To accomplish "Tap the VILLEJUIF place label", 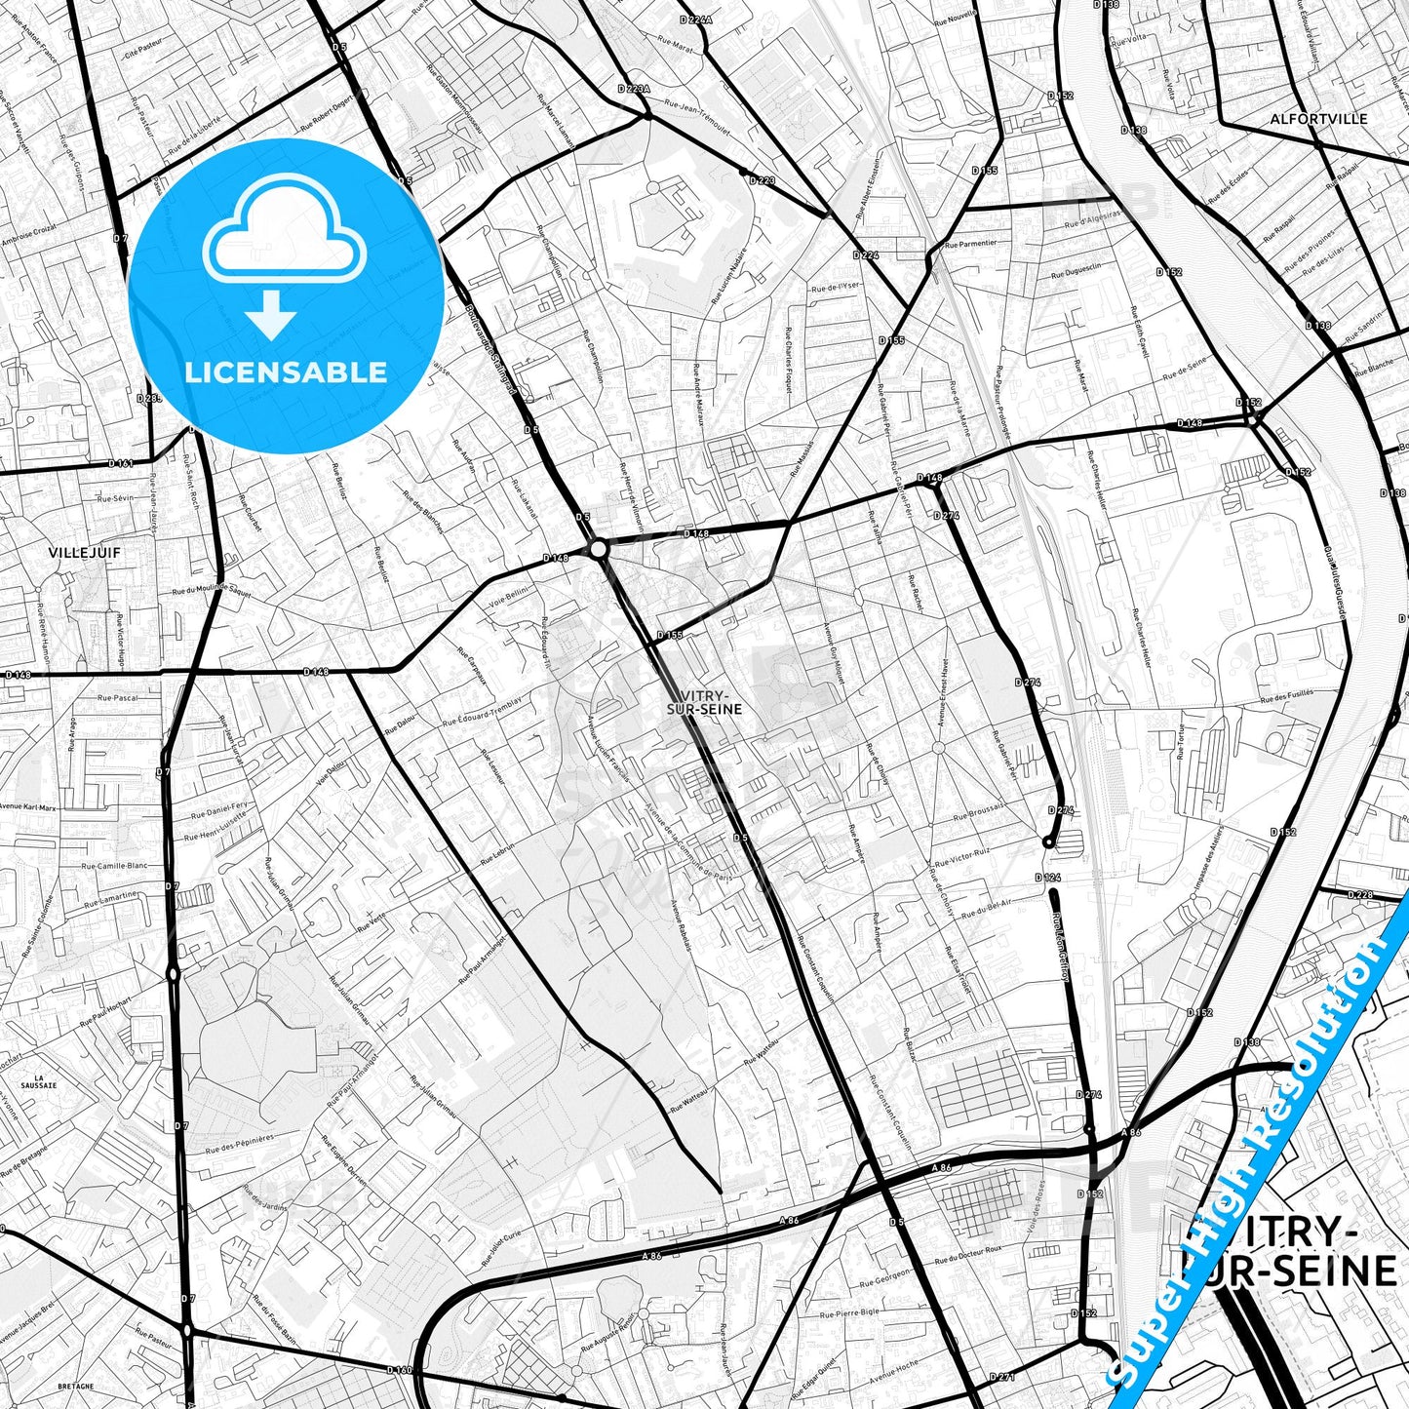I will (71, 552).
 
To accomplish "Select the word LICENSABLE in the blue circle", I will (287, 372).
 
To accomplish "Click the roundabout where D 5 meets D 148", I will (599, 550).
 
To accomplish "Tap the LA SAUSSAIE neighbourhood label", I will (39, 1080).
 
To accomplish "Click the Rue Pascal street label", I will (117, 698).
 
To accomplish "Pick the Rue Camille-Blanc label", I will (114, 865).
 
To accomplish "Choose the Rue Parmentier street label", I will (971, 243).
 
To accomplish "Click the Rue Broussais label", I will (978, 813).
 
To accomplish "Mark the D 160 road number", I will (399, 1370).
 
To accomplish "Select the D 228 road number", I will (1359, 895).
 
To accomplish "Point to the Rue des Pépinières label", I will (240, 1143).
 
